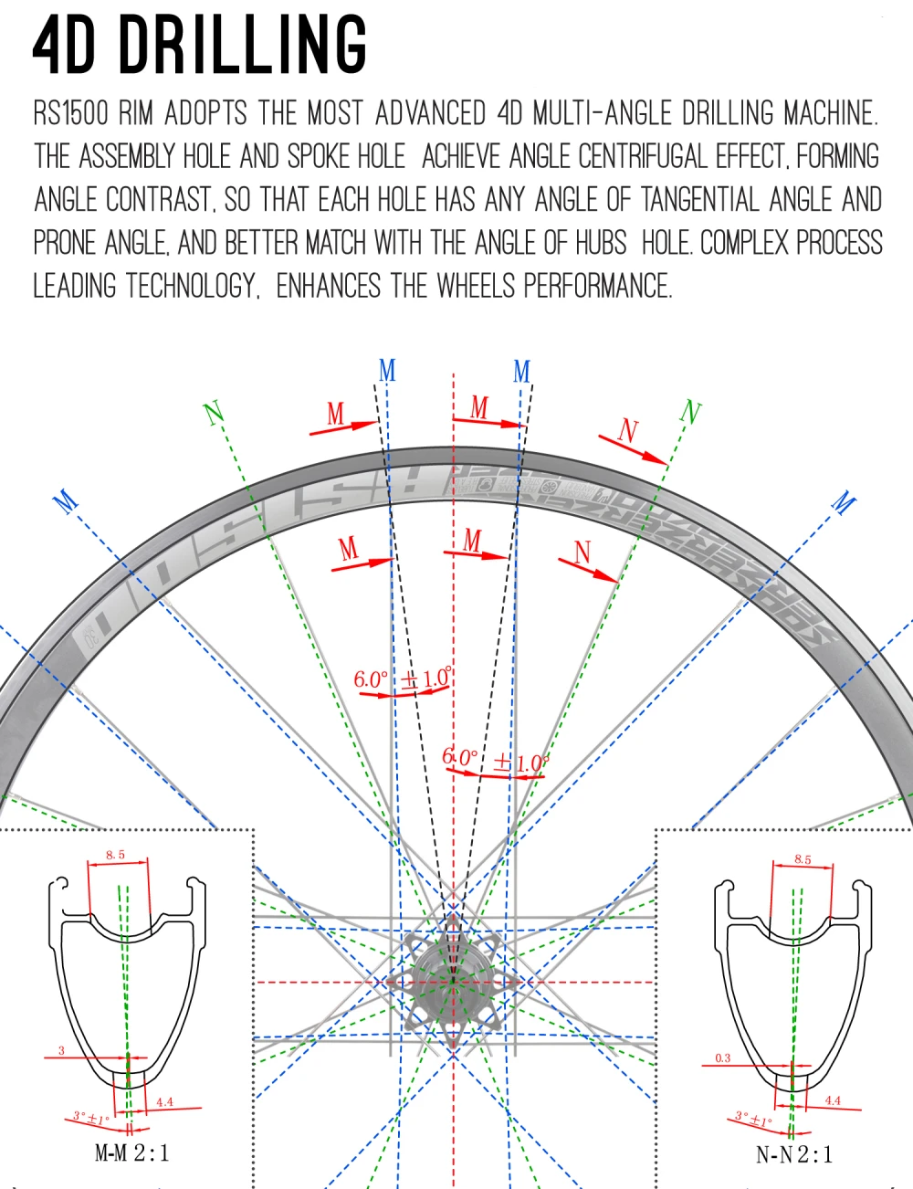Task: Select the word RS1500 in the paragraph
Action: coord(70,113)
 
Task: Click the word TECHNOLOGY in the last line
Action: coord(190,286)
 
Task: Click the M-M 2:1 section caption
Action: coord(132,1152)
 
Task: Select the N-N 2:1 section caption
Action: coord(794,1154)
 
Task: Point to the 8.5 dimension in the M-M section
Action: coord(115,855)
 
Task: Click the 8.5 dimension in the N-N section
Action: coord(802,858)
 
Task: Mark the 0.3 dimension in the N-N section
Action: coord(722,1057)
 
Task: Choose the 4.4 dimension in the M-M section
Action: coord(164,1101)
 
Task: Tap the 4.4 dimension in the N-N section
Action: coord(833,1100)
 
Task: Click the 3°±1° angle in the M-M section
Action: coord(91,1117)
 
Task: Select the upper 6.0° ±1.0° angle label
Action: coord(402,679)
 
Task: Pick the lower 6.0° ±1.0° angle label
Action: coord(494,760)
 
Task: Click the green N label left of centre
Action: coord(214,413)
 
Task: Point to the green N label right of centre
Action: coord(691,412)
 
